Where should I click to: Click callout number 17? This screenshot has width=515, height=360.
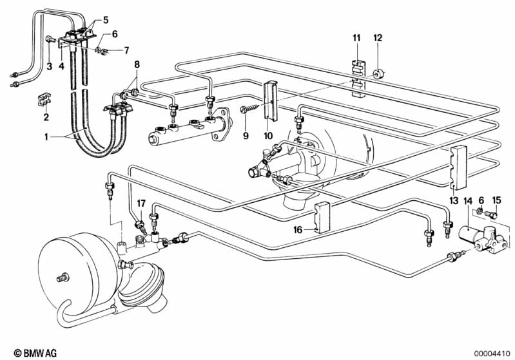tap(141, 204)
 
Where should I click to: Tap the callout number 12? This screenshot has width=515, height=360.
tap(378, 38)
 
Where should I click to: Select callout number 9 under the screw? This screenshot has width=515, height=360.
tap(246, 135)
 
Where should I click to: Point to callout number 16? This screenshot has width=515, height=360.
tap(298, 229)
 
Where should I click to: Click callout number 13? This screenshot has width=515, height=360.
tap(454, 200)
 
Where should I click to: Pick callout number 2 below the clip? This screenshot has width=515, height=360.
tap(46, 117)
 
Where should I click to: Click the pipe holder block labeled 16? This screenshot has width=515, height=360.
tap(322, 218)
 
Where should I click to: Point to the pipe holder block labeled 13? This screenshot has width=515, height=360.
tap(458, 167)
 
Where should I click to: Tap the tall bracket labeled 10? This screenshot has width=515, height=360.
tap(271, 100)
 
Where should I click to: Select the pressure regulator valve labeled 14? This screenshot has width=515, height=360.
tap(481, 240)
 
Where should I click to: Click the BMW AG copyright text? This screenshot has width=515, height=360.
tap(35, 353)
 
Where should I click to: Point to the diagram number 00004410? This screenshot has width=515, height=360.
tap(492, 354)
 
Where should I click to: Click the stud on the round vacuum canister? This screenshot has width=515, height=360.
tap(63, 278)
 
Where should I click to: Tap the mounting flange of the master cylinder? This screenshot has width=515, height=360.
tap(221, 124)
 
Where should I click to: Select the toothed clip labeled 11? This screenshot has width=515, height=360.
tap(358, 79)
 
